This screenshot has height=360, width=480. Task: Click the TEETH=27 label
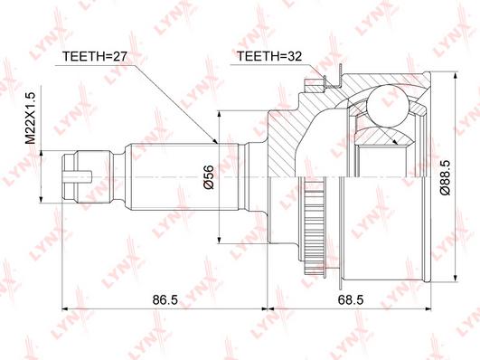coord(94,56)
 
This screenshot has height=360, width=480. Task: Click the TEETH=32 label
coord(269,56)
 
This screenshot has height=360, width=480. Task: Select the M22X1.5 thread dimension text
coord(31,118)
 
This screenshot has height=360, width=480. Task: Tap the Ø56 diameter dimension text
coord(210,177)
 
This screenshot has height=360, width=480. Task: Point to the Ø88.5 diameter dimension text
coord(445,177)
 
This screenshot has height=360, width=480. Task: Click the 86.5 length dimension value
coord(165,299)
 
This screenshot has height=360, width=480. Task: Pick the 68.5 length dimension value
coord(351,299)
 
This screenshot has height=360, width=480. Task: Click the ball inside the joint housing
coord(388,107)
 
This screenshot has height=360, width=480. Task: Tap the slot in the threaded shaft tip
coord(77,177)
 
